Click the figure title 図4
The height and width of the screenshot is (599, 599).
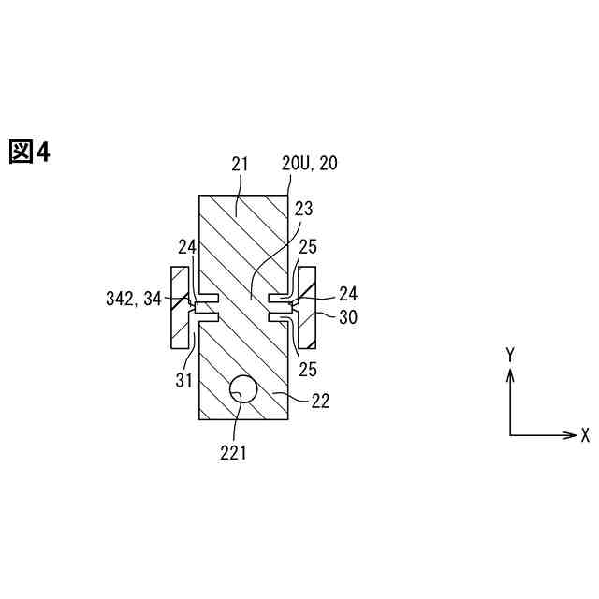click(29, 152)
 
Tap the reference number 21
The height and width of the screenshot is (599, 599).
click(239, 164)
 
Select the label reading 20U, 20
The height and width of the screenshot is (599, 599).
click(310, 164)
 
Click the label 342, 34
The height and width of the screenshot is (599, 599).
click(133, 299)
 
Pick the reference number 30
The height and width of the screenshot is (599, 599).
click(348, 317)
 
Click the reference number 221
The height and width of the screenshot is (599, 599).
click(233, 453)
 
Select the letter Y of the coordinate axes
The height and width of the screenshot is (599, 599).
click(510, 355)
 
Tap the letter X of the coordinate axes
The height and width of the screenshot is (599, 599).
click(585, 435)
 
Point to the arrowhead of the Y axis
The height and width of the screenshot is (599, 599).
click(510, 372)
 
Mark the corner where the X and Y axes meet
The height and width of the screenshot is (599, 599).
click(510, 435)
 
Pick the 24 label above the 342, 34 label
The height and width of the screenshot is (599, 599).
click(187, 248)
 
